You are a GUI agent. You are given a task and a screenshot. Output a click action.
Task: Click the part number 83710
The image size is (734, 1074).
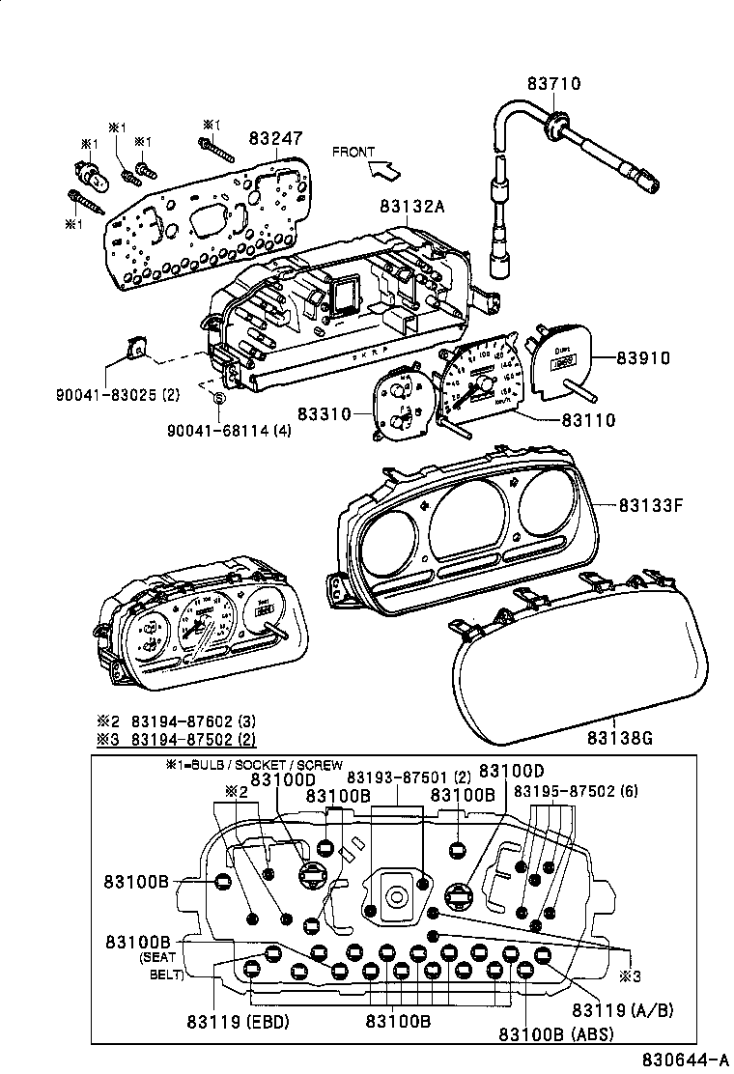coord(553,84)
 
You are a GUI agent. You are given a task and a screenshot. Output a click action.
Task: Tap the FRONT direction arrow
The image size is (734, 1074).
coord(383,170)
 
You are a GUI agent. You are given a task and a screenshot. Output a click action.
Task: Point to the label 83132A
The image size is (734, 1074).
coord(411,207)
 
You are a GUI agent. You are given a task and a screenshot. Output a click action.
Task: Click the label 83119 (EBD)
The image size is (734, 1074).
coord(237,1021)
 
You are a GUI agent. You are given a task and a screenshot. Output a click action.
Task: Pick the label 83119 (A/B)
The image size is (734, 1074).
coord(622,1009)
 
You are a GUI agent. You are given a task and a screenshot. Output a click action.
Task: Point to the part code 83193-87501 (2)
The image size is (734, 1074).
coord(408,777)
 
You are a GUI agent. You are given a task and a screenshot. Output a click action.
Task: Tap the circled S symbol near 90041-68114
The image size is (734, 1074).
coord(218,398)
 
